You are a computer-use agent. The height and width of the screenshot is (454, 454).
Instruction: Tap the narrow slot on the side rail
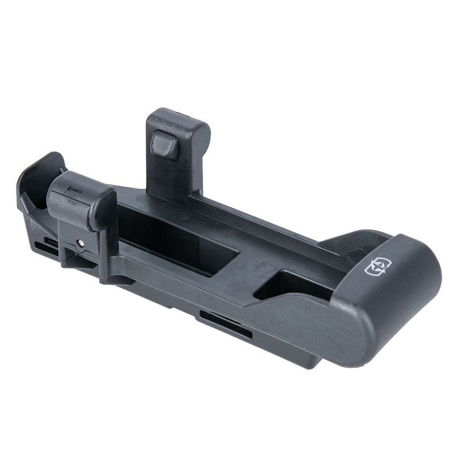tap(225, 325)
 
